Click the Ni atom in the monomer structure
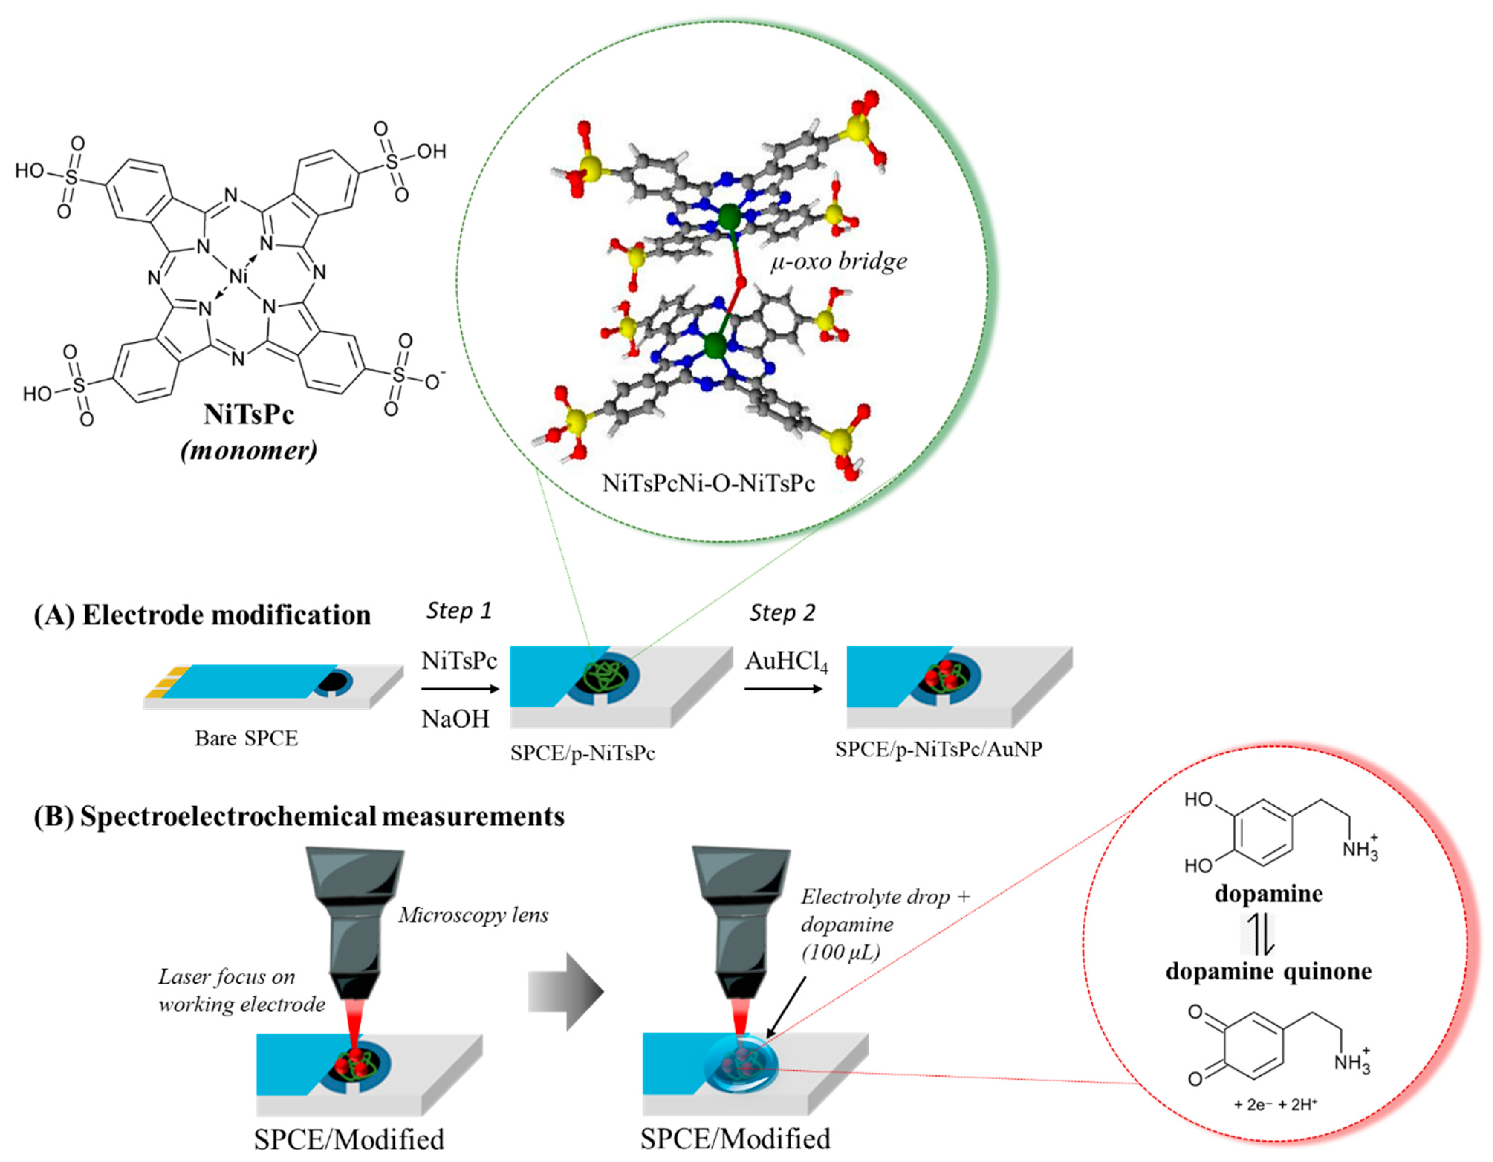[237, 276]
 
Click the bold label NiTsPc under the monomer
[249, 414]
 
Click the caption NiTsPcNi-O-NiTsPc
[708, 483]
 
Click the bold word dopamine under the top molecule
[1268, 894]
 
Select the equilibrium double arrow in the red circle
[1259, 934]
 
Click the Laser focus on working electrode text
[241, 990]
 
